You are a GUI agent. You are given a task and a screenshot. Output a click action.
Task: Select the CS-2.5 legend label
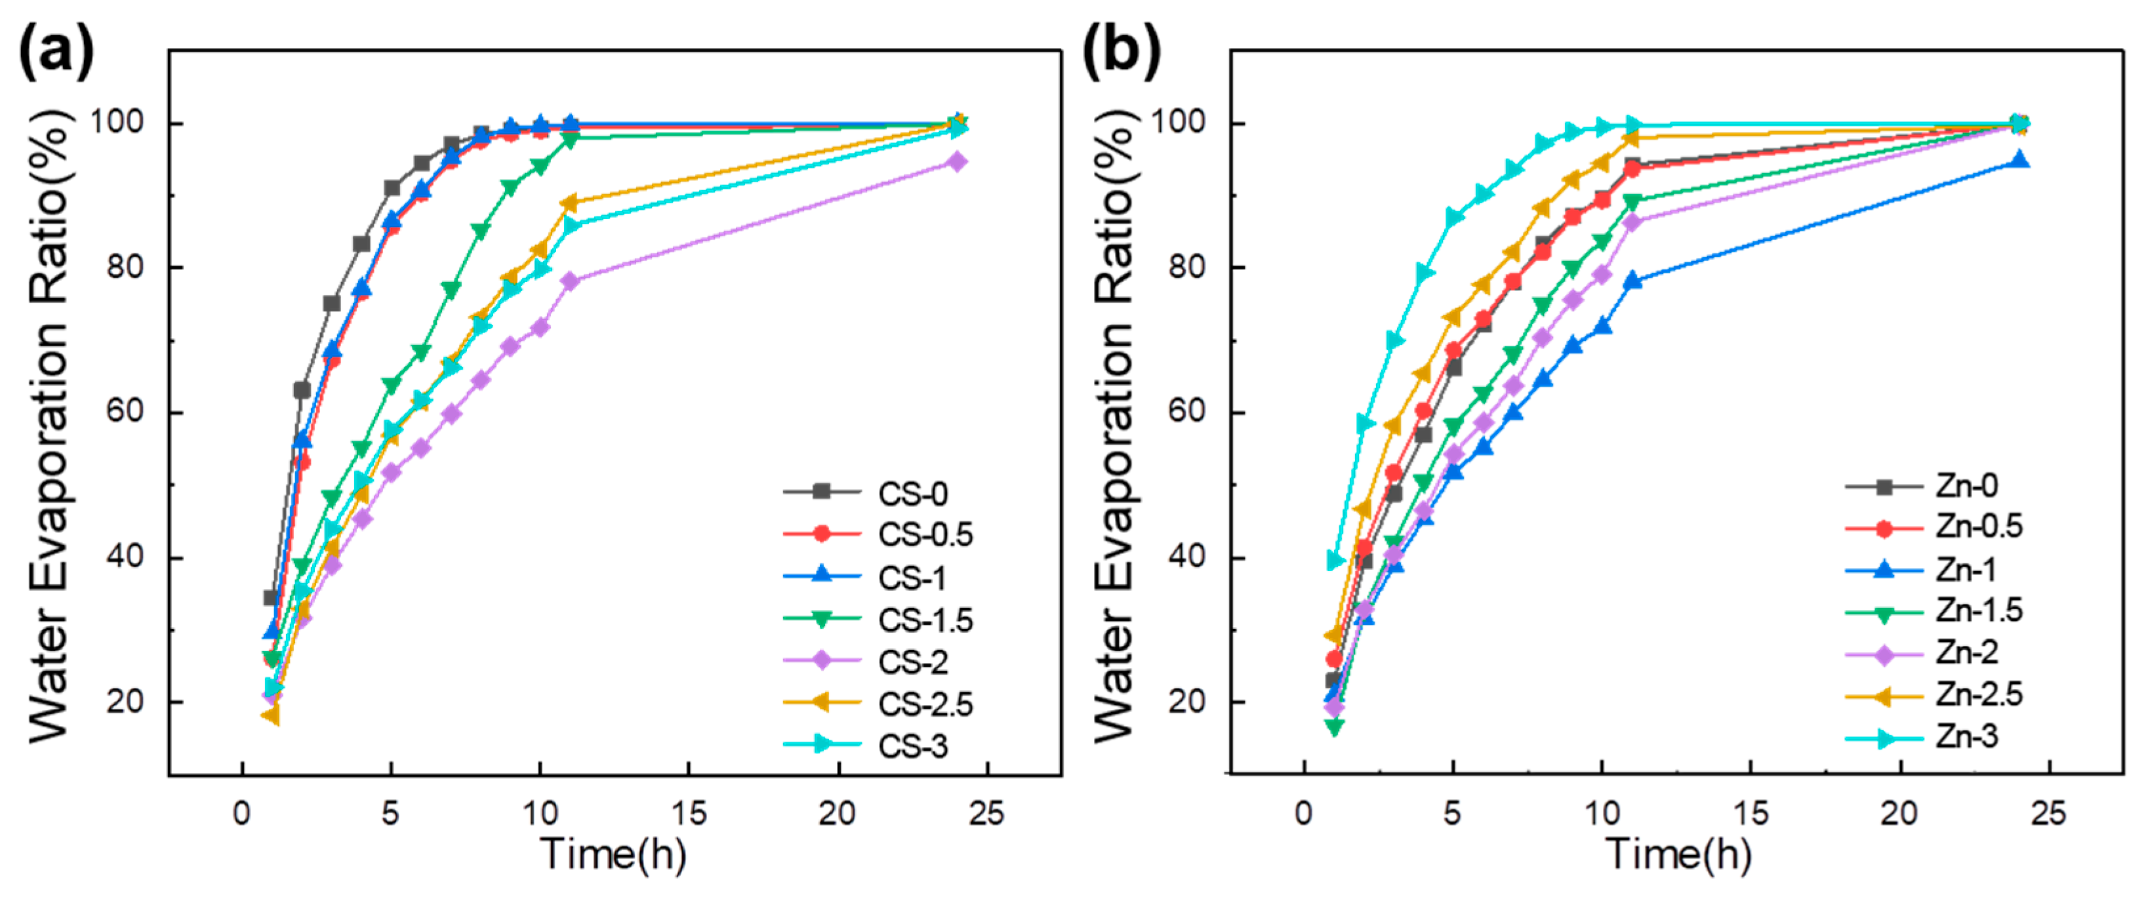point(925,704)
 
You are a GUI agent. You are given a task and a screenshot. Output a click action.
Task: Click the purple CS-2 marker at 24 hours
point(957,161)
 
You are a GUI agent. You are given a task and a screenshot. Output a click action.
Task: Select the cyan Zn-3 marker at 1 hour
point(1335,561)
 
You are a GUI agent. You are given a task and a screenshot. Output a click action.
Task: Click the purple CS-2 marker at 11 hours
point(571,281)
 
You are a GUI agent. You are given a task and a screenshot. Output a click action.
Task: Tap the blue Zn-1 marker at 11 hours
point(1632,281)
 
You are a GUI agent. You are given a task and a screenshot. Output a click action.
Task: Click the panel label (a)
point(56,52)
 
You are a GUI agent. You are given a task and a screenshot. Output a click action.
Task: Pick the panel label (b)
point(1120,52)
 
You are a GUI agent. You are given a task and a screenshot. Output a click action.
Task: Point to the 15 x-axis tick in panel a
point(689,814)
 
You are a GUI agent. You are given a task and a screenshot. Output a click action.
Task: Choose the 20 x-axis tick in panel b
point(1899,814)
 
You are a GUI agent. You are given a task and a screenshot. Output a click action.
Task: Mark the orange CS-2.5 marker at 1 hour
point(270,715)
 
